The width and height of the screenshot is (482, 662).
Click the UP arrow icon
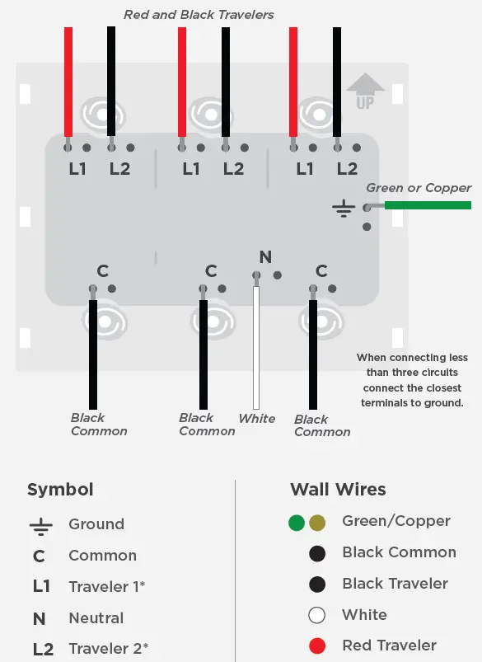point(366,92)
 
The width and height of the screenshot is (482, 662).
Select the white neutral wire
point(256,346)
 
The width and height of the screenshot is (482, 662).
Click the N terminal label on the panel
point(264,256)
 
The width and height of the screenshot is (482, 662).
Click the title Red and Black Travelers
point(199,15)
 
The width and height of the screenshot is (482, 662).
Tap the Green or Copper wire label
point(419,188)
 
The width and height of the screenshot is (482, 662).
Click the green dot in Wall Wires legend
point(297,523)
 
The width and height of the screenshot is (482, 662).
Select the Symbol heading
point(60,490)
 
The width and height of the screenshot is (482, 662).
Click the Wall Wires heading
point(338,489)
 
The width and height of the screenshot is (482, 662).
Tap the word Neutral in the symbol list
point(96,617)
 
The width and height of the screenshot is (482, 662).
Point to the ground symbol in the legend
point(40,525)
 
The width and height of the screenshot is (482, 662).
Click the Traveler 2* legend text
point(108,648)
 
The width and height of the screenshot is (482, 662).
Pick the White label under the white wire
point(257,419)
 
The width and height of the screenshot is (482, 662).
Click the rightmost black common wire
point(313,354)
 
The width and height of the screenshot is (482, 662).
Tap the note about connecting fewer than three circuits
point(412,380)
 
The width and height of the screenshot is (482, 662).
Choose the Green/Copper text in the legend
point(396,521)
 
